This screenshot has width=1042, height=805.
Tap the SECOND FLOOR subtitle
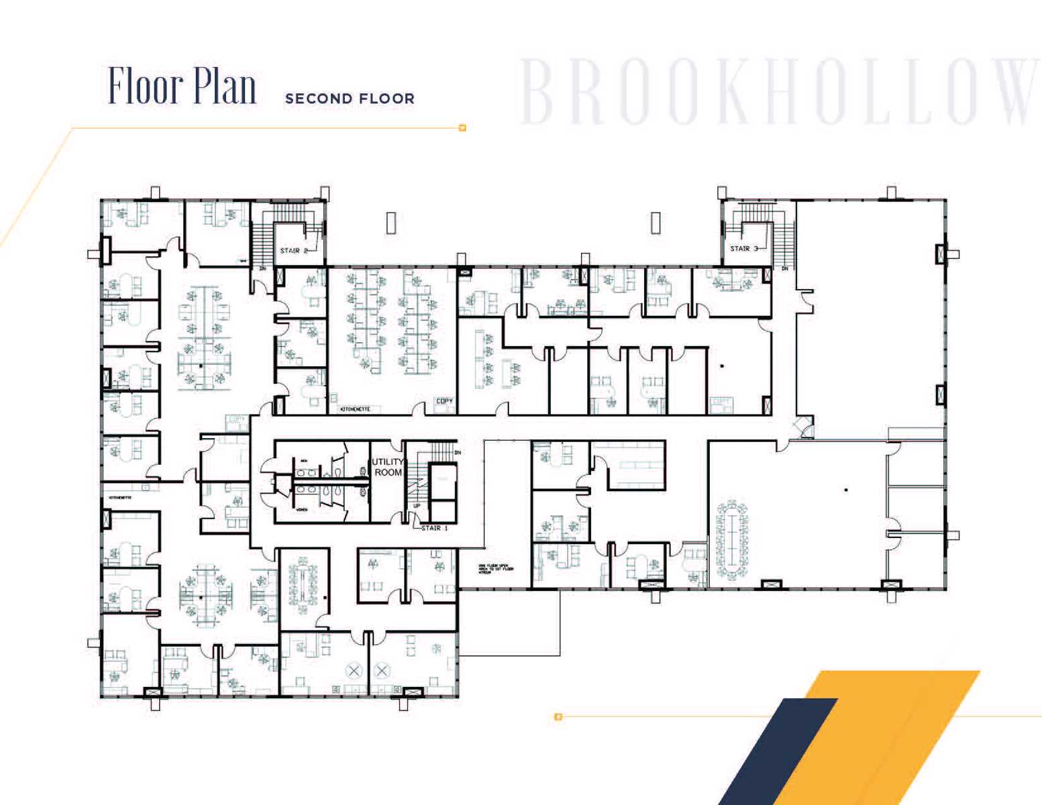pyautogui.click(x=350, y=99)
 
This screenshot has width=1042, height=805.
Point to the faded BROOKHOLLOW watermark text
pyautogui.click(x=778, y=93)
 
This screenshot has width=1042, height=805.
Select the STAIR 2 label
pyautogui.click(x=294, y=251)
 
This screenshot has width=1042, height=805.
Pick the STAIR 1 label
pyautogui.click(x=434, y=529)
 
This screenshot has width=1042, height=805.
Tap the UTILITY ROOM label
pyautogui.click(x=388, y=467)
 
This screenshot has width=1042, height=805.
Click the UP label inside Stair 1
pyautogui.click(x=416, y=506)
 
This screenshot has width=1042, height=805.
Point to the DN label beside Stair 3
pyautogui.click(x=784, y=269)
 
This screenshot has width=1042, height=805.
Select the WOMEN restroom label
pyautogui.click(x=303, y=511)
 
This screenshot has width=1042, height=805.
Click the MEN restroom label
pyautogui.click(x=304, y=461)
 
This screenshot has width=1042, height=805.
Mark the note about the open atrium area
pyautogui.click(x=496, y=569)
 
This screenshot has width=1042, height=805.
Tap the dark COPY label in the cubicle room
pyautogui.click(x=444, y=401)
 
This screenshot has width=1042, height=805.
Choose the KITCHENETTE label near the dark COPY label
pyautogui.click(x=355, y=409)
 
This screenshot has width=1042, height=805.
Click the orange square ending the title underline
pyautogui.click(x=462, y=127)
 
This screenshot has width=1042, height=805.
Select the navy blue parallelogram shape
pyautogui.click(x=778, y=751)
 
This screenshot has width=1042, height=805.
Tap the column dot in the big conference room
pyautogui.click(x=846, y=490)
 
